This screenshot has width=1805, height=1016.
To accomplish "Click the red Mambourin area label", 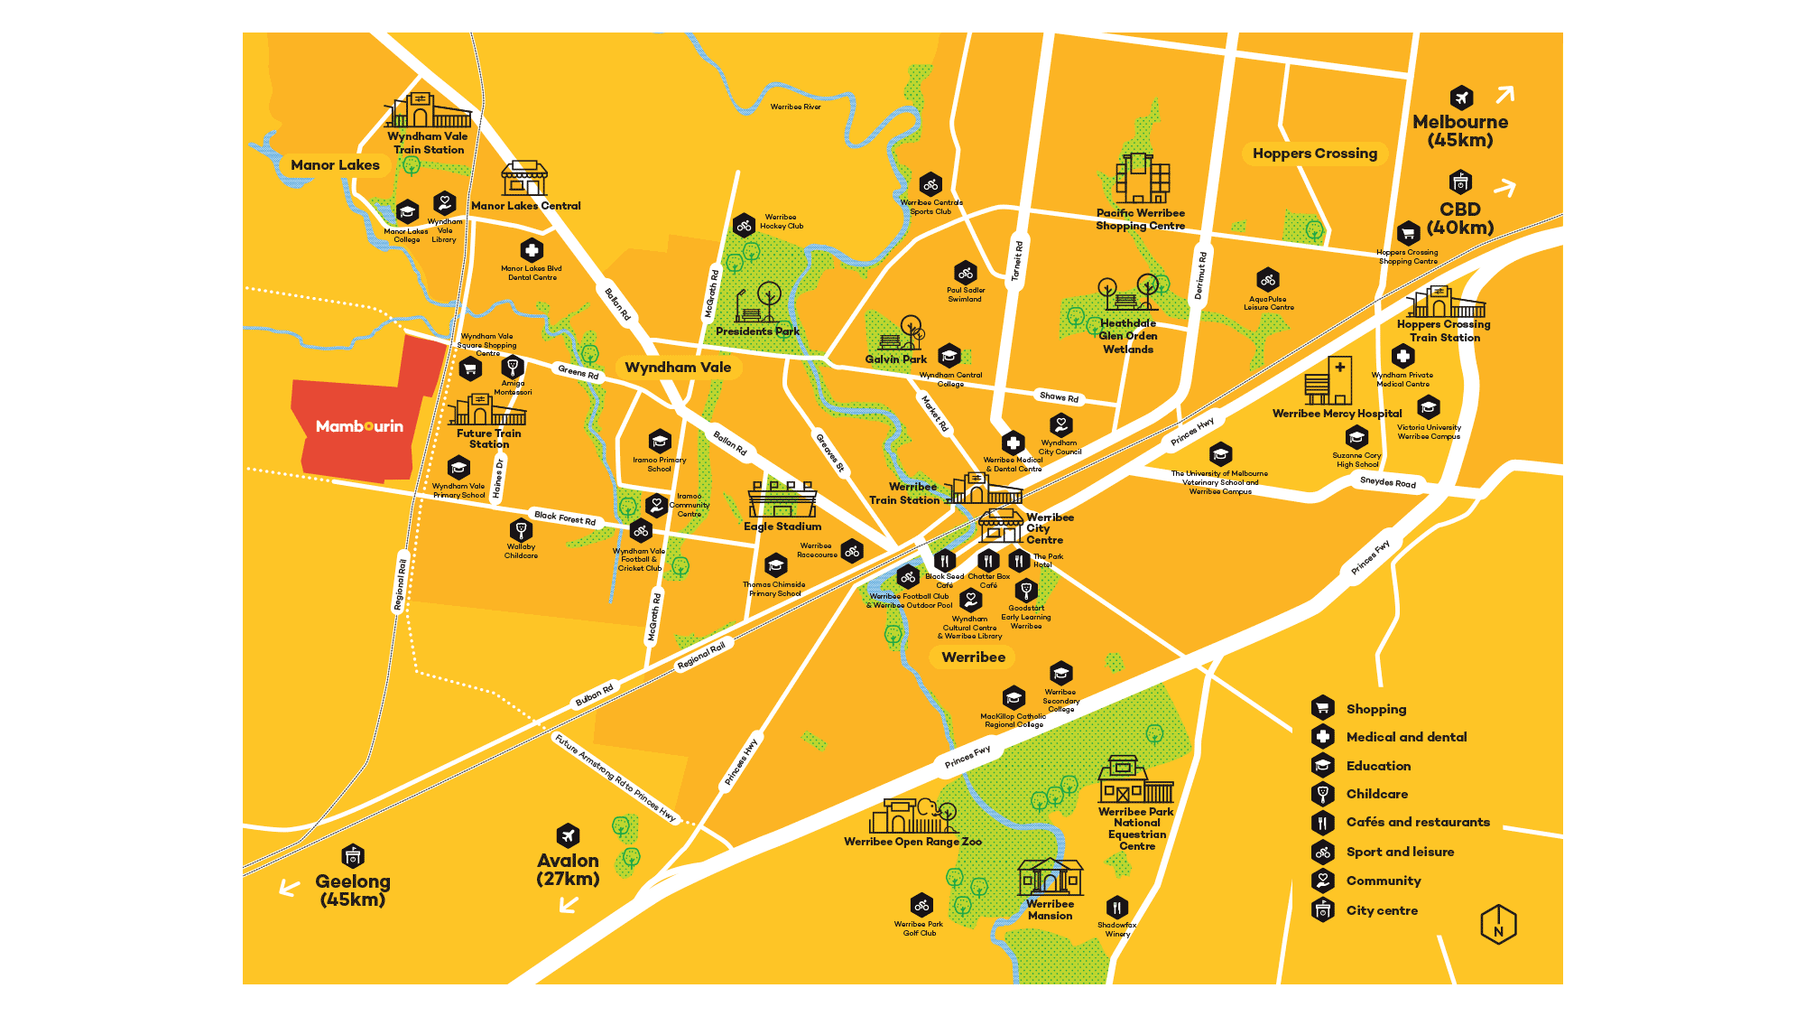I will pos(359,426).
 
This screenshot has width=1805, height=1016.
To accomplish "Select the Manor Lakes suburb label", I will pos(335,165).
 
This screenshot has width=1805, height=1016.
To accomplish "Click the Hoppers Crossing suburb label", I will pos(1314,154).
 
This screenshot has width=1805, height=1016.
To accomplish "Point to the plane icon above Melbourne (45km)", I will pos(1461,98).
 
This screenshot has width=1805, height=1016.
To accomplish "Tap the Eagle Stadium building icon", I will pos(782,499).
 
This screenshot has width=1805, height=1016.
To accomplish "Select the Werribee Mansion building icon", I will pos(1050,876).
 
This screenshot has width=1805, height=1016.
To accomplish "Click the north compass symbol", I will pos(1498,925).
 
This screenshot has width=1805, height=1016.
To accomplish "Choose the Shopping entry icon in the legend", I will pos(1323,708).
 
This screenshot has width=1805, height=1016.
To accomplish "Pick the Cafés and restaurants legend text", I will pos(1417,822).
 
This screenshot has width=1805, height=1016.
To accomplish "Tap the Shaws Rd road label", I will pos(1059,396).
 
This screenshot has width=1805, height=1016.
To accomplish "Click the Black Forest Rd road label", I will pos(565,518).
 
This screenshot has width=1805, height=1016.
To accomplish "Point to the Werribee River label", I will pos(795,107).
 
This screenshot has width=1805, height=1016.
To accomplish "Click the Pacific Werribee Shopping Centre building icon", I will pos(1142,179).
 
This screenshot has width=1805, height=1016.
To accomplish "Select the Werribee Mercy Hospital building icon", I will pos(1328,381).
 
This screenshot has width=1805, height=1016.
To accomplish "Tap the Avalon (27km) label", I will pos(568,870).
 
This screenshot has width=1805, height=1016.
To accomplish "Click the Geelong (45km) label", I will pos(353,890).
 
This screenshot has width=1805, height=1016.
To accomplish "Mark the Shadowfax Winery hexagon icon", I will pos(1117,907).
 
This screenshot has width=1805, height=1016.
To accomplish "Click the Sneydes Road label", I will pos(1387,482).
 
